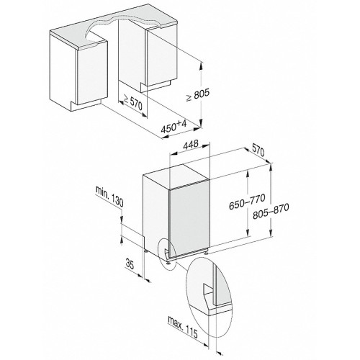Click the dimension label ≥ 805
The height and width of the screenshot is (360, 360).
click(x=198, y=94)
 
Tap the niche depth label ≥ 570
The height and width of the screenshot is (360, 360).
click(x=132, y=102)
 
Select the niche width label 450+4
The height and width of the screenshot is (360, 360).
click(x=174, y=127)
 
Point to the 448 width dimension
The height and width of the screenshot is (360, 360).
click(x=191, y=144)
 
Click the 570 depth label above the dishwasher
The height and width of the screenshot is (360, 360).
click(x=258, y=151)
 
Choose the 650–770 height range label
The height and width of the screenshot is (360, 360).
click(x=247, y=202)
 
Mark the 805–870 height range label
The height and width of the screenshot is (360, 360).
click(x=271, y=211)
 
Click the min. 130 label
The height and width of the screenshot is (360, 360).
click(x=109, y=196)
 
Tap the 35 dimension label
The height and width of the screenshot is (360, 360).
click(x=130, y=264)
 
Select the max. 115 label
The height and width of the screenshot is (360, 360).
click(x=183, y=326)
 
